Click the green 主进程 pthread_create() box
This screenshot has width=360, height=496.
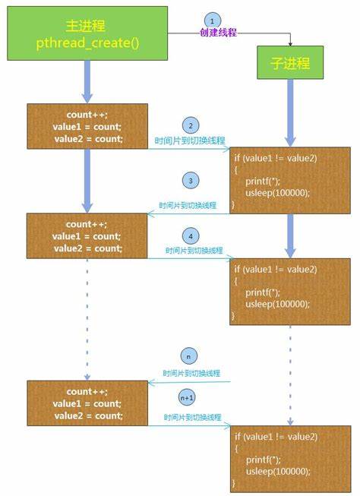pos(87,33)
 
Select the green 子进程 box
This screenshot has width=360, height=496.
pos(290,62)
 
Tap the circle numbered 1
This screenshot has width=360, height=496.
pos(212,21)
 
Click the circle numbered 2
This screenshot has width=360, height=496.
pos(191,125)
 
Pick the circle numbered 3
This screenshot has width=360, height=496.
pos(191,181)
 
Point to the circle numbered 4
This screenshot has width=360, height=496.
pos(191,236)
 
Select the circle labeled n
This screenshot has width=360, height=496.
pos(189,356)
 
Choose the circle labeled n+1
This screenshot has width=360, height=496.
pos(187,397)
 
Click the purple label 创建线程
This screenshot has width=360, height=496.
pos(218,33)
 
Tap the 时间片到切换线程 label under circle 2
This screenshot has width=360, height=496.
pos(190,141)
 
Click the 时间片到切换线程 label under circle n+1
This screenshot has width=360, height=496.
pos(192,417)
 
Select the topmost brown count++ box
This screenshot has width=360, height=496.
pos(87,126)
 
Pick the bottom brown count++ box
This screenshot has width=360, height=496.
pos(87,403)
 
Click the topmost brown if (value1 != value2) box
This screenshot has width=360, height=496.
pos(290,180)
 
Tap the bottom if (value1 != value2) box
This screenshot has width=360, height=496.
pos(291,459)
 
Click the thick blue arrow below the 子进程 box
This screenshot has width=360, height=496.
pos(290,113)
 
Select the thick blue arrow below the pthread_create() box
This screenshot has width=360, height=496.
pos(87,82)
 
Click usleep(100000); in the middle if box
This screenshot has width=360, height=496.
pos(277,304)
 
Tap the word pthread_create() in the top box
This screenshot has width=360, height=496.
pos(87,43)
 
